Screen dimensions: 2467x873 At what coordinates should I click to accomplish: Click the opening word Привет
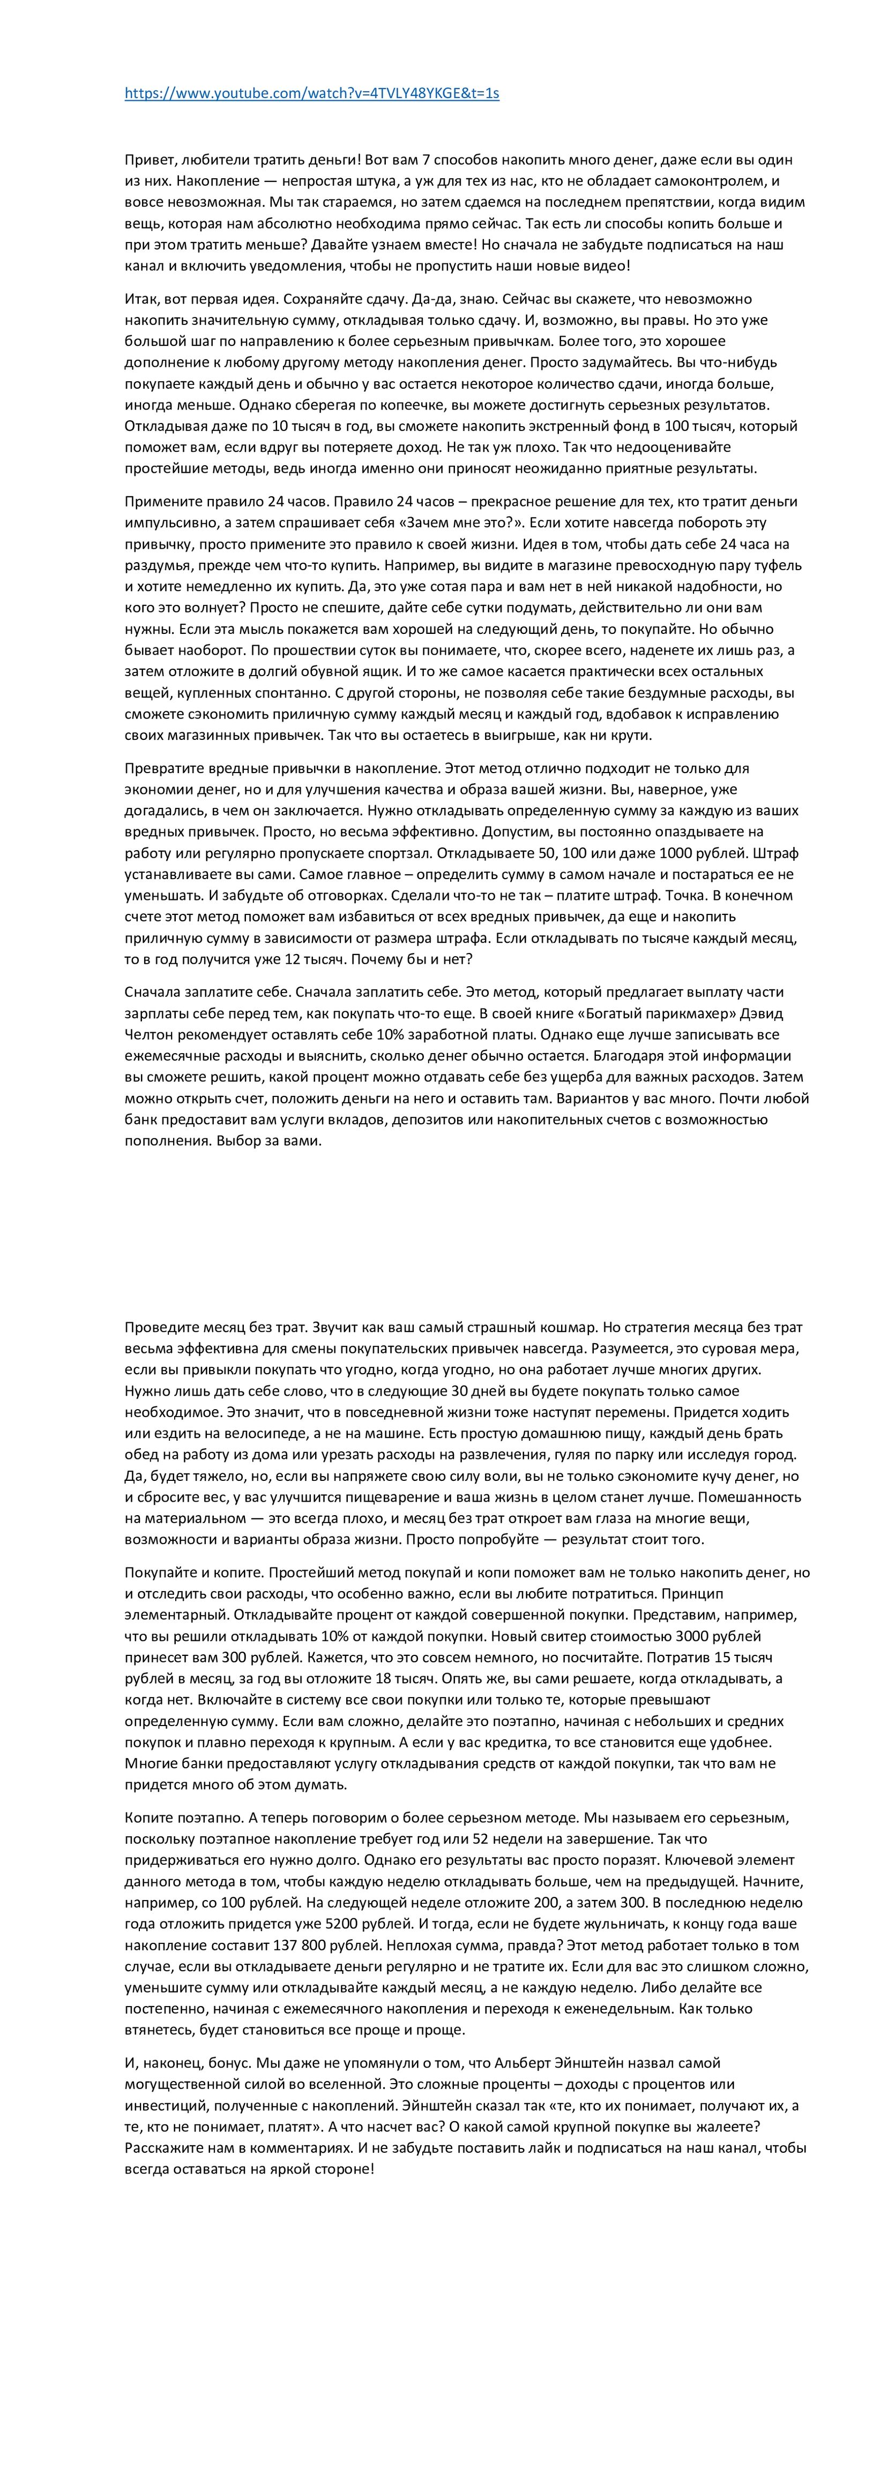click(x=147, y=160)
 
